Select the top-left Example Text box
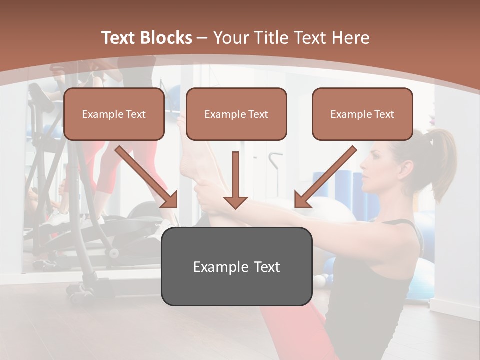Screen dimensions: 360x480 (114, 114)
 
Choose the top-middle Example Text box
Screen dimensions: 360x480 (236, 114)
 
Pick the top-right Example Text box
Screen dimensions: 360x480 (362, 114)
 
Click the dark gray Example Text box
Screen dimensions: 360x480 (236, 266)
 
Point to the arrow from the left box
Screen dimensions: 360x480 (147, 177)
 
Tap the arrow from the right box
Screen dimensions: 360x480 (325, 177)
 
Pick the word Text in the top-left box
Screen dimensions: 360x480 (135, 114)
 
